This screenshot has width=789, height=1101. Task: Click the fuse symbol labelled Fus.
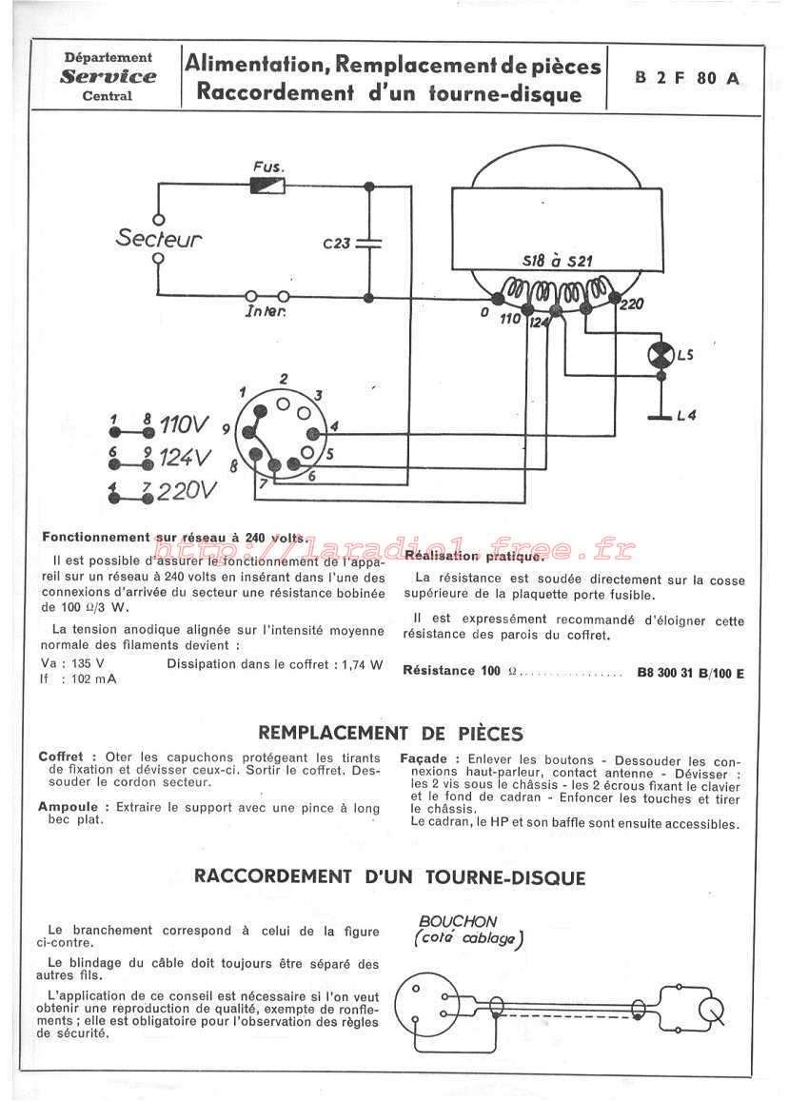267,187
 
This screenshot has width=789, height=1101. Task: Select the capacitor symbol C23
369,243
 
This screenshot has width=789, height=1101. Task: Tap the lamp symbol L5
661,355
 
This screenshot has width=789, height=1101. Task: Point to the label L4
686,416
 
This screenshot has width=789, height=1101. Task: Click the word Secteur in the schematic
159,238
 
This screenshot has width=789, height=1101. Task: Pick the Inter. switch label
265,311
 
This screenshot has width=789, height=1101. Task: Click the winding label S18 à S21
557,261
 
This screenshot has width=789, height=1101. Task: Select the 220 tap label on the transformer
631,305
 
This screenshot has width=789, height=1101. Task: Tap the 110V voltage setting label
184,424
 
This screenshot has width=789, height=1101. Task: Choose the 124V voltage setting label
185,458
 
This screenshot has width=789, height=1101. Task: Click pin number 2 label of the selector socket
283,379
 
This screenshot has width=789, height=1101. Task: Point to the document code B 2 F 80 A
686,78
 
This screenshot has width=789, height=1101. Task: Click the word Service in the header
108,76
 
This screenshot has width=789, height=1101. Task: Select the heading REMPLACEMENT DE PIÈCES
390,733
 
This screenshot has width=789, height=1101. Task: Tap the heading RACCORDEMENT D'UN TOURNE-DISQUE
390,877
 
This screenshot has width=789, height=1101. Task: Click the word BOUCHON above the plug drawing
458,921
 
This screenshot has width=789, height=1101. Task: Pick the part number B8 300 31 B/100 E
690,673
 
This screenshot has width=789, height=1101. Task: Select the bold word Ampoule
69,808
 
